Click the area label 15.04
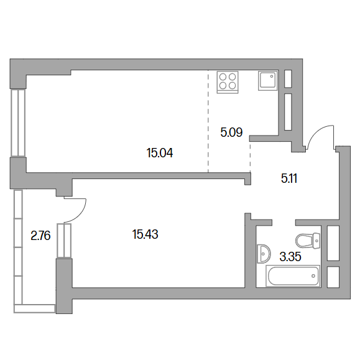coord(160,153)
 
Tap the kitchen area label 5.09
coord(231,132)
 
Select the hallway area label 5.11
coord(289,178)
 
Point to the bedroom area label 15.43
coord(145,234)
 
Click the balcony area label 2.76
coord(40,236)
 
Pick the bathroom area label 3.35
coord(290,256)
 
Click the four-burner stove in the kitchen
coord(228,82)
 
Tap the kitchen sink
coord(268,81)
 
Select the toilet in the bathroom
coord(308,241)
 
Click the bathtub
coord(293,275)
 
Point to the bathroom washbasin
coord(264,254)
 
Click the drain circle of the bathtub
coord(313,276)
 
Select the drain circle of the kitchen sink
coord(272,76)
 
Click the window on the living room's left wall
coord(18,123)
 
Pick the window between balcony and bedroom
coord(64,241)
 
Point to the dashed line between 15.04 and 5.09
coord(208,121)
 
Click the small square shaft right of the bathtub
coord(333,277)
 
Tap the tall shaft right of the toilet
coord(333,243)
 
